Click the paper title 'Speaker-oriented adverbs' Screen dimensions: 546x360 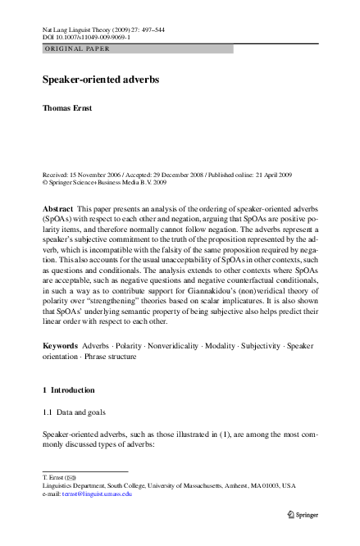pyautogui.click(x=100, y=80)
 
